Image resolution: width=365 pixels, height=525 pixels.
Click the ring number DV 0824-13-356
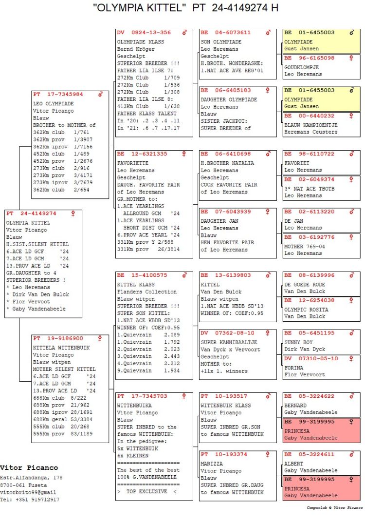point(144,33)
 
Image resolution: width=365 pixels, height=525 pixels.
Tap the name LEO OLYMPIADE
point(53,104)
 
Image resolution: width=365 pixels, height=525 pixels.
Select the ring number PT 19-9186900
point(58,338)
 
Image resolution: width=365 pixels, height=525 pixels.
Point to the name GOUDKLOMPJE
point(302,67)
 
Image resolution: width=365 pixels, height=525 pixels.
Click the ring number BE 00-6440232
point(309,116)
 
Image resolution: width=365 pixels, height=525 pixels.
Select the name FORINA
point(294,368)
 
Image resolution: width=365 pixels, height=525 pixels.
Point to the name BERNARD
point(295,406)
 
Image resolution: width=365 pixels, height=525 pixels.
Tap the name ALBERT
point(294,464)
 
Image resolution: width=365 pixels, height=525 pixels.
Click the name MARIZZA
point(212,464)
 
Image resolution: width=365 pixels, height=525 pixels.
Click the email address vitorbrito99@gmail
point(28,492)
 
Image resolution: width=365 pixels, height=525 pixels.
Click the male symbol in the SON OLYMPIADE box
point(268,33)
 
